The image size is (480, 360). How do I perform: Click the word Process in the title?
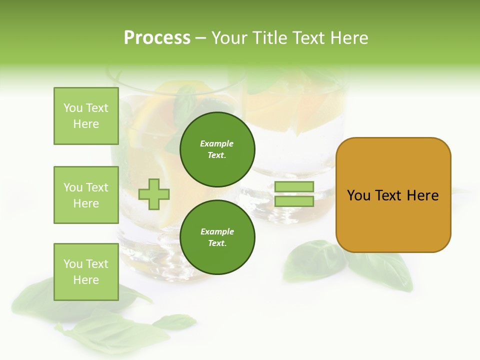pos(157,38)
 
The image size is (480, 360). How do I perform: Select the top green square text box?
pos(86,116)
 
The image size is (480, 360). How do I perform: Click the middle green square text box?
pos(86,195)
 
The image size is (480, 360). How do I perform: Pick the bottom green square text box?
pos(86,271)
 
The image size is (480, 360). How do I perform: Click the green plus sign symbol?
pos(154,194)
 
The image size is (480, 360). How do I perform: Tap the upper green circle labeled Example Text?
pos(217,149)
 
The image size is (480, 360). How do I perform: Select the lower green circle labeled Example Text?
pos(217,237)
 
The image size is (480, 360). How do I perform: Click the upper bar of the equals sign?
pos(294,187)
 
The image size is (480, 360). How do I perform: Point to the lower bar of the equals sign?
pos(294,201)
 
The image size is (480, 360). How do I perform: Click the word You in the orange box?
pos(358,195)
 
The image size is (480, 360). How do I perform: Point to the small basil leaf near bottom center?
pos(175,321)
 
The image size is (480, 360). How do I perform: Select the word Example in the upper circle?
pos(217,143)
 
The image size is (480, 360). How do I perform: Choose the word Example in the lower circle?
pos(217,231)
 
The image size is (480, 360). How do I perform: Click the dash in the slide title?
pos(200,38)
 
